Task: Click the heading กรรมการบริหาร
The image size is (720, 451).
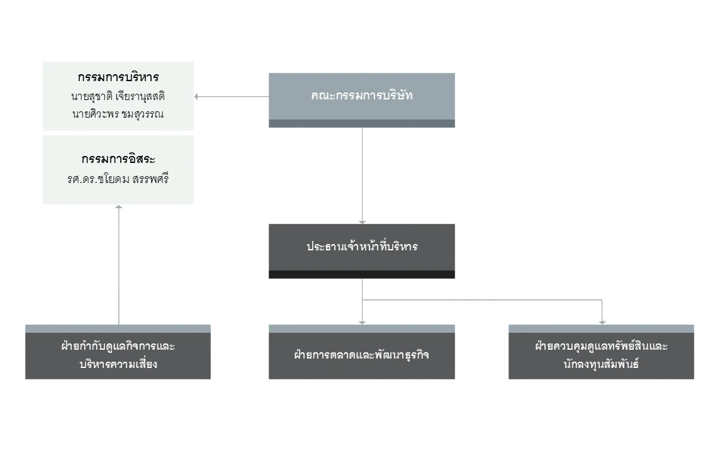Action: [118, 77]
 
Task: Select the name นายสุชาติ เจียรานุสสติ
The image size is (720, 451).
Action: [118, 96]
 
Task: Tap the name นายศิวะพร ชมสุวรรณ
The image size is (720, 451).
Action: [118, 114]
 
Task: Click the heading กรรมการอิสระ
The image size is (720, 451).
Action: [118, 159]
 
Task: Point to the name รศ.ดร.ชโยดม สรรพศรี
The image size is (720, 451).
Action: [118, 179]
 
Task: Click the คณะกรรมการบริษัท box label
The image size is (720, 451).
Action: [362, 96]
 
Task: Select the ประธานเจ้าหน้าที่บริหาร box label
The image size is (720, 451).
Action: [362, 247]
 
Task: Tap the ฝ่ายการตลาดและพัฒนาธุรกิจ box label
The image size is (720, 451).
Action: [362, 355]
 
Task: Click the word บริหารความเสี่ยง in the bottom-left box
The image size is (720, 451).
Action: [118, 364]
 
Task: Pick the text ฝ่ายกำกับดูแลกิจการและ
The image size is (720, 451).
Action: [118, 345]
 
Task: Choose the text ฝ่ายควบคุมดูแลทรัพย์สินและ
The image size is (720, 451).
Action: [601, 345]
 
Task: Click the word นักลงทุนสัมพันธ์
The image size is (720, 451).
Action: [601, 364]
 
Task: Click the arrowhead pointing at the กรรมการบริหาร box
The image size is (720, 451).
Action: [196, 97]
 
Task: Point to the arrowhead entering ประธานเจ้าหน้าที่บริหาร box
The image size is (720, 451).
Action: [363, 222]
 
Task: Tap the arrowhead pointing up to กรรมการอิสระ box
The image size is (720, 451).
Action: [119, 207]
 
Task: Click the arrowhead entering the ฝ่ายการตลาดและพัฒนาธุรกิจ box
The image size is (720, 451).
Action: [363, 323]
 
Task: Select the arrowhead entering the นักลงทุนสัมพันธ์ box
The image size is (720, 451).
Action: [602, 323]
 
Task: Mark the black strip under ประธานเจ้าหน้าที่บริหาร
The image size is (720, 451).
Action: [362, 274]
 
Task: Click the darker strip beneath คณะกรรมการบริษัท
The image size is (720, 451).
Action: [362, 123]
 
